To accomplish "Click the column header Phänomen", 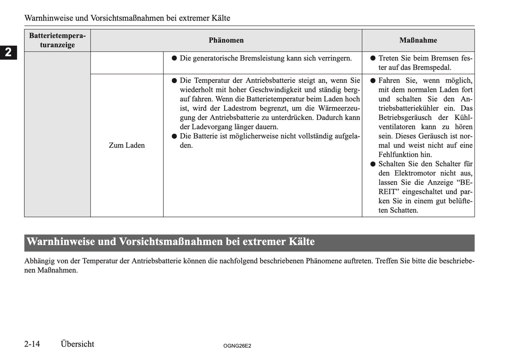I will [226, 40].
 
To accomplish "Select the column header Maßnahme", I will [418, 40].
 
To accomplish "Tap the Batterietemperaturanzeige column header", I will [57, 40].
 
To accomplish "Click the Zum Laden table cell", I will [127, 145].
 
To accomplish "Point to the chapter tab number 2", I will [8, 52].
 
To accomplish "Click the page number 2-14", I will [32, 344].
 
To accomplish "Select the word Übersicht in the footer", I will [77, 344].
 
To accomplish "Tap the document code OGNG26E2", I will [237, 346].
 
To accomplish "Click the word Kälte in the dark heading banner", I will [302, 242].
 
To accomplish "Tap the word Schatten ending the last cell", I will [404, 210].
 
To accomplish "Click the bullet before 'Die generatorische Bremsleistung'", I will [174, 58].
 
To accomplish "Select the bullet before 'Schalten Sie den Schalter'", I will [373, 164].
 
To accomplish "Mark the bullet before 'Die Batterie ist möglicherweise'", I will [174, 137].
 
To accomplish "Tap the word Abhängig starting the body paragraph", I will [39, 261].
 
